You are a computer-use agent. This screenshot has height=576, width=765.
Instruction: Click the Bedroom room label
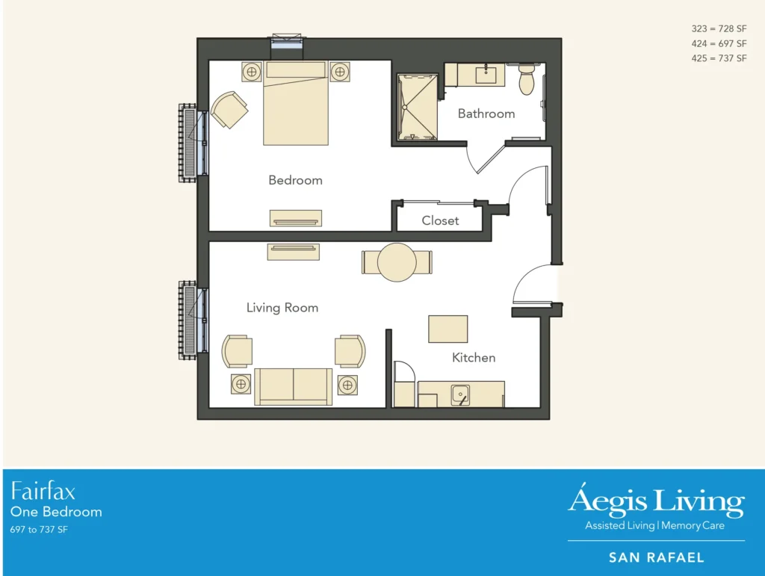pyautogui.click(x=295, y=180)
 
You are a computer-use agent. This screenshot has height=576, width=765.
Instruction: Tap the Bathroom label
pyautogui.click(x=486, y=114)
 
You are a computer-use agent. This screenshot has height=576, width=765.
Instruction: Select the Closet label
pyautogui.click(x=440, y=220)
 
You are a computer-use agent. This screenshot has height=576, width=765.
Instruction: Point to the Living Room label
pyautogui.click(x=282, y=308)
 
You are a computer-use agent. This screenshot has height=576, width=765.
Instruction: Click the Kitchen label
pyautogui.click(x=474, y=358)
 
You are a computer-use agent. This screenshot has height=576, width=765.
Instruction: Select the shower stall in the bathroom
pyautogui.click(x=415, y=106)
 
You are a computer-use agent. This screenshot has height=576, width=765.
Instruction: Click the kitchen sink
pyautogui.click(x=460, y=394)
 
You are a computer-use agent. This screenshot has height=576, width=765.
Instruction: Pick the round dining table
pyautogui.click(x=397, y=262)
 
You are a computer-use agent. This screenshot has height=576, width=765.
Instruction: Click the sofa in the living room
pyautogui.click(x=294, y=385)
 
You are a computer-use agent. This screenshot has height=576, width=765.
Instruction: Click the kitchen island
pyautogui.click(x=447, y=329)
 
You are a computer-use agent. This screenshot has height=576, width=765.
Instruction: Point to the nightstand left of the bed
pyautogui.click(x=252, y=72)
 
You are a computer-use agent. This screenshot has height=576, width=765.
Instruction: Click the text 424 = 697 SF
pyautogui.click(x=719, y=43)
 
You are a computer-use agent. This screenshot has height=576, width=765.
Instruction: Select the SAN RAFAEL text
pyautogui.click(x=656, y=557)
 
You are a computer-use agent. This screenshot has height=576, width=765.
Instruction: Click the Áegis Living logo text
pyautogui.click(x=656, y=502)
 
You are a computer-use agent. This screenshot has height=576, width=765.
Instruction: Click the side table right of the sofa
pyautogui.click(x=347, y=385)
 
